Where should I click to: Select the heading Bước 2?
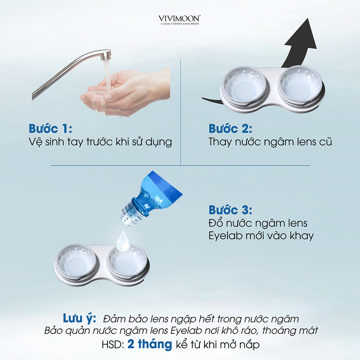(x=230, y=129)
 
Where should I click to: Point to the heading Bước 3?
(x=230, y=210)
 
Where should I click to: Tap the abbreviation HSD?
(x=113, y=345)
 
